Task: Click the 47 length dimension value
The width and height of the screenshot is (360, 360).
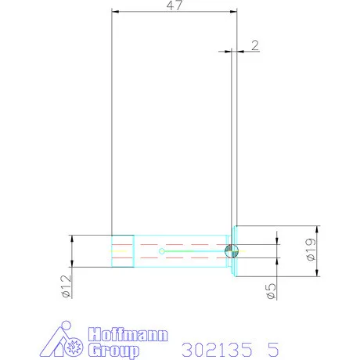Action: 174,5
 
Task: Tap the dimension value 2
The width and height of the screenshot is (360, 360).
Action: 255,45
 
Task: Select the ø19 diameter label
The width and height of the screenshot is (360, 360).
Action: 311,250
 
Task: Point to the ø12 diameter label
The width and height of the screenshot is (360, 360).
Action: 67,286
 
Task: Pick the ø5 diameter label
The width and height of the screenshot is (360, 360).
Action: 271,291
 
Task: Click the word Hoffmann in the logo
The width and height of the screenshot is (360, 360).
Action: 128,335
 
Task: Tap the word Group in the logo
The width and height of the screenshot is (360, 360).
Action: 113,351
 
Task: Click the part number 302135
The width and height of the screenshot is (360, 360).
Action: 217,350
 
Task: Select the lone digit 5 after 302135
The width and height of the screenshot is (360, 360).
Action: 273,350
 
